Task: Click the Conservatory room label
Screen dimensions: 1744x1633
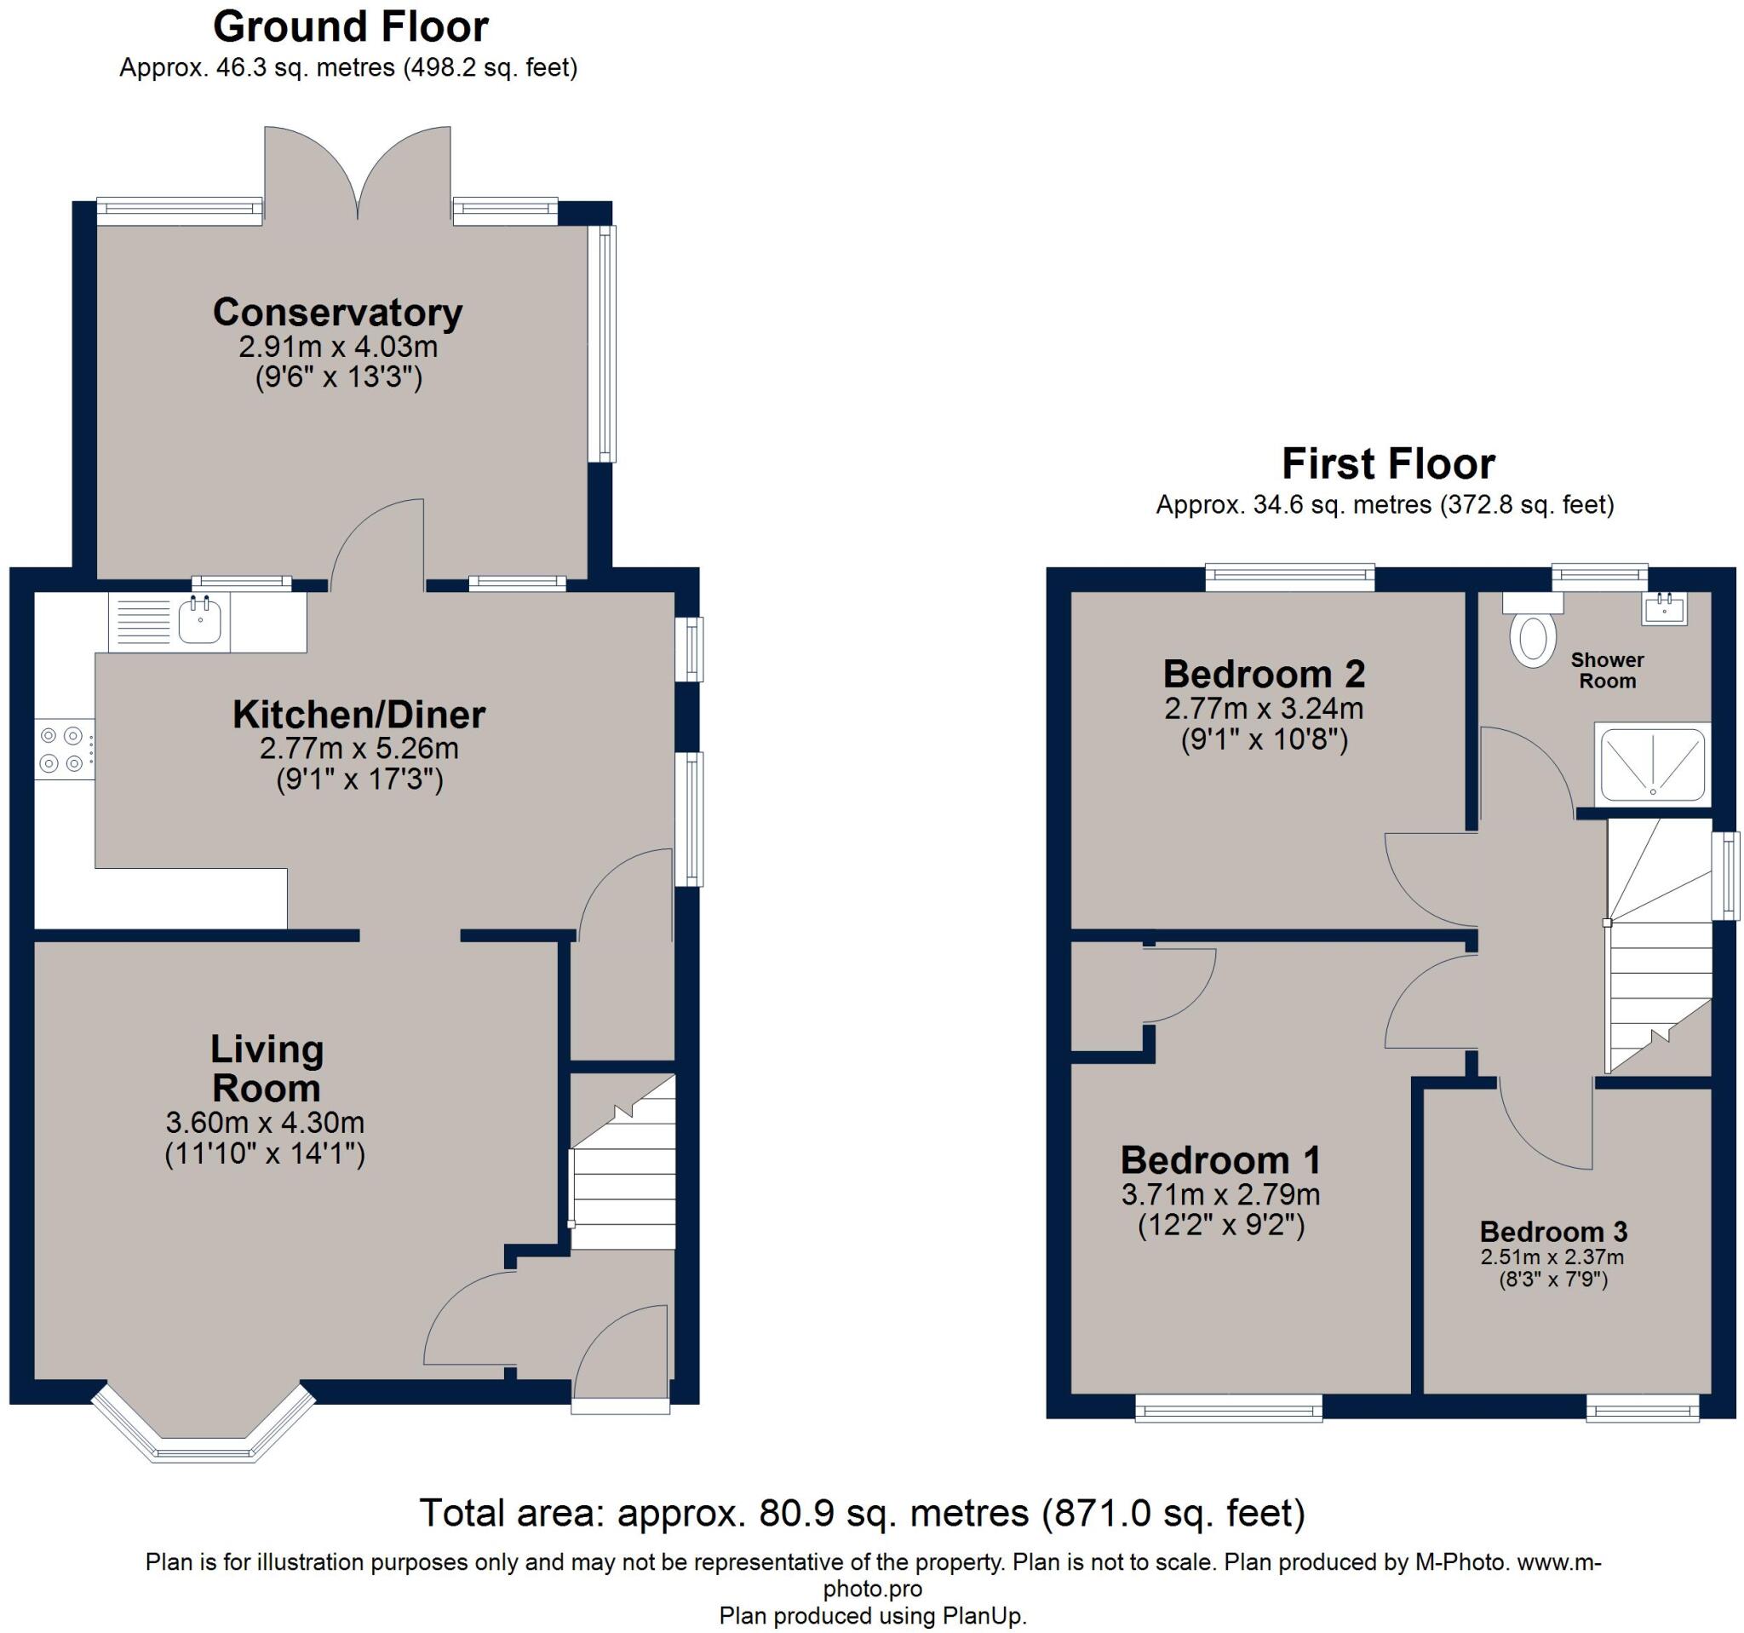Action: [x=338, y=313]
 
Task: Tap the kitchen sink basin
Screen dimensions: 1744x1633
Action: [x=200, y=620]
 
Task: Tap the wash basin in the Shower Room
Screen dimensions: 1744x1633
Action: [x=1664, y=609]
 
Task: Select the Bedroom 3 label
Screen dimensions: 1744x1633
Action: [x=1552, y=1231]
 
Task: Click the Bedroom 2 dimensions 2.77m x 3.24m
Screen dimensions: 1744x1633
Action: [x=1264, y=708]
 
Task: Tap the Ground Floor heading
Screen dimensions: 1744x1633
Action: [x=351, y=26]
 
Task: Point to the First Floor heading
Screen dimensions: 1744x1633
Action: [x=1388, y=463]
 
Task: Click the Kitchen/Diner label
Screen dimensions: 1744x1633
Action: [x=359, y=714]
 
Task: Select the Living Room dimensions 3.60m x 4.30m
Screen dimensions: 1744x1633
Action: [x=265, y=1122]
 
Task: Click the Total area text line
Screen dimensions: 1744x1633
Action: [x=863, y=1512]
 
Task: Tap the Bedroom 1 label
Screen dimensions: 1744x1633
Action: [x=1220, y=1160]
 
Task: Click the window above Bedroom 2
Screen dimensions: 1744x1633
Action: [x=1289, y=576]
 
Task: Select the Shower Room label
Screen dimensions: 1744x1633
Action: [x=1607, y=670]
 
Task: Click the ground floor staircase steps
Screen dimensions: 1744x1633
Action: [x=623, y=1160]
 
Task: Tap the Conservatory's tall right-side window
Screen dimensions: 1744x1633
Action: [x=606, y=344]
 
